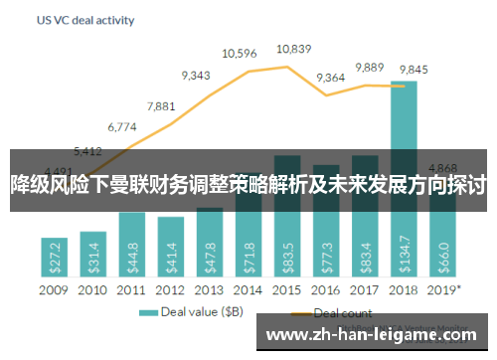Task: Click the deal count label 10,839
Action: tap(293, 48)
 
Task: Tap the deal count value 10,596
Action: tap(241, 54)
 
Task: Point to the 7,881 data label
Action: tap(161, 105)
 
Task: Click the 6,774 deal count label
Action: tap(121, 127)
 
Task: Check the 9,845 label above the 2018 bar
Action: tap(414, 69)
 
